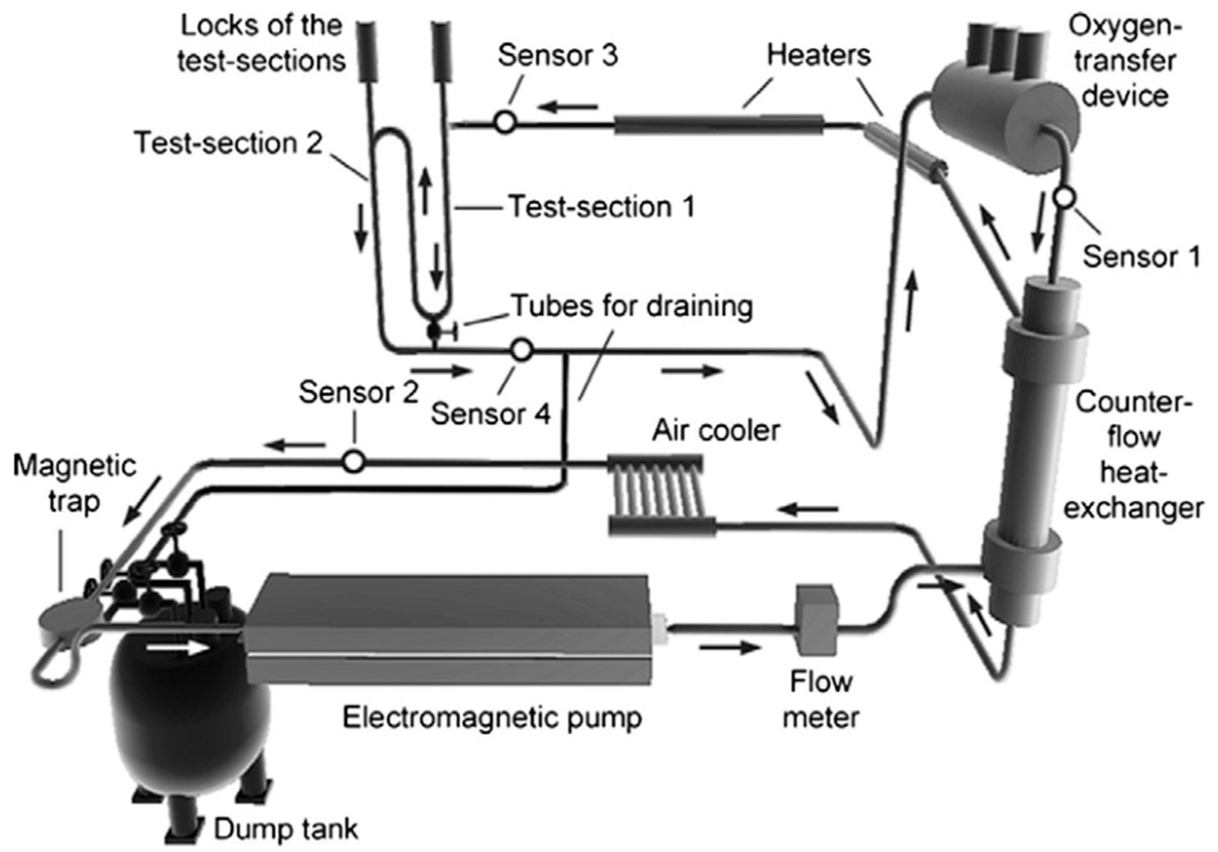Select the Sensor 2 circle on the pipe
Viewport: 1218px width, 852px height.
[x=354, y=461]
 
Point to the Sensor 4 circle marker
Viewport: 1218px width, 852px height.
[x=522, y=350]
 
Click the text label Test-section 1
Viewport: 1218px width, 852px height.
[x=602, y=207]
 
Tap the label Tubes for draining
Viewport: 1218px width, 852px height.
[x=631, y=307]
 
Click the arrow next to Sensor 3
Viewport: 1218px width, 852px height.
[x=567, y=108]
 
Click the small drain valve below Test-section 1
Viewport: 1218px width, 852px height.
[x=435, y=331]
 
